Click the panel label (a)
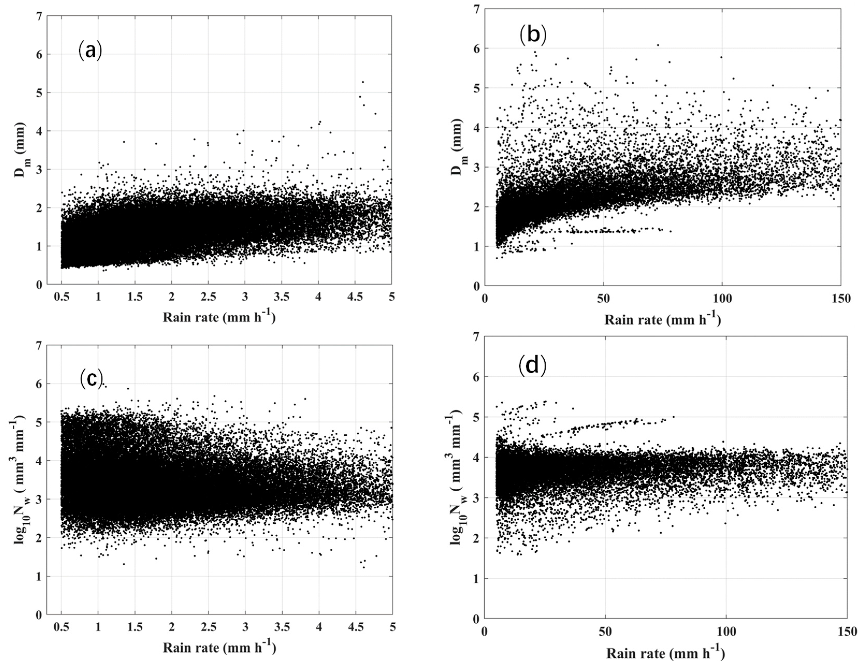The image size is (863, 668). tap(90, 51)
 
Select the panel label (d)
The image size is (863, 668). tap(532, 365)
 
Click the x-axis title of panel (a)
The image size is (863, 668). tap(219, 317)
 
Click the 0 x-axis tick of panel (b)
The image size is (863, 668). tap(485, 299)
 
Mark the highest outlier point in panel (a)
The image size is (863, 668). tap(363, 82)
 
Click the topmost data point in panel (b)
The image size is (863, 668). tap(658, 45)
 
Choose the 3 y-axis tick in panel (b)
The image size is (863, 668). tap(476, 167)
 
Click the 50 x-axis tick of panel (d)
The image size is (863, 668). tap(605, 631)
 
